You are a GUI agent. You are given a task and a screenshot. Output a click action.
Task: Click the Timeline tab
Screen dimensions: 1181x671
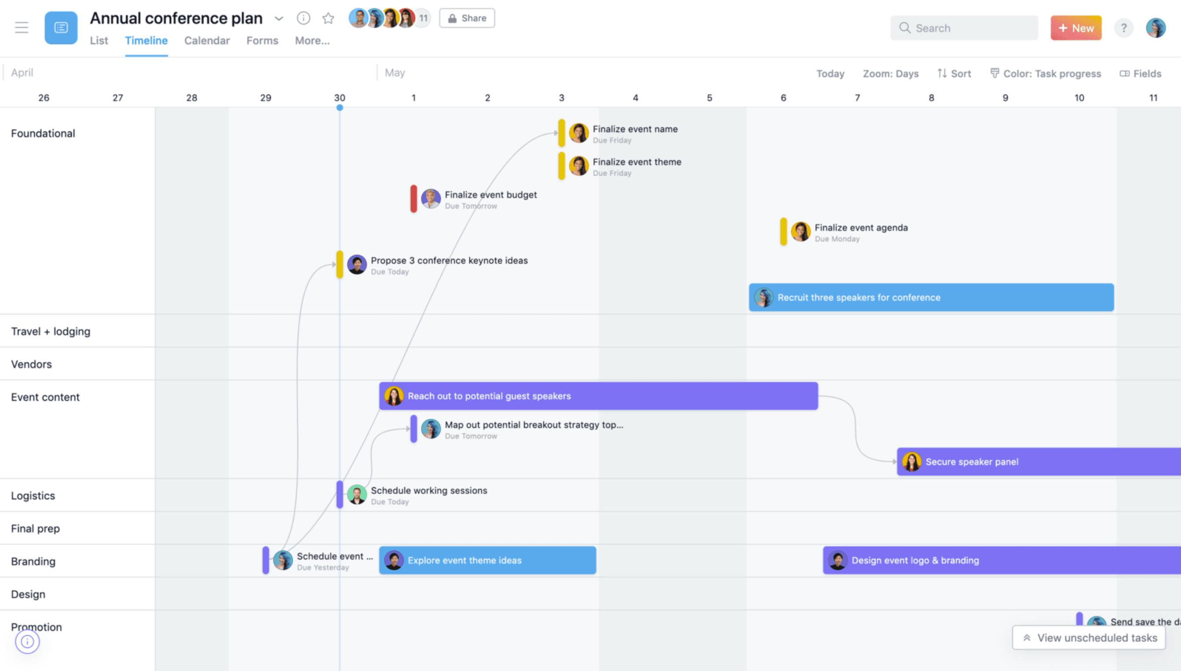coord(146,41)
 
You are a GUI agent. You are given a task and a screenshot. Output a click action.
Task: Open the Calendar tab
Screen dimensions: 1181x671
coord(207,41)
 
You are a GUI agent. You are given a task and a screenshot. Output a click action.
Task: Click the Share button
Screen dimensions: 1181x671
coord(467,18)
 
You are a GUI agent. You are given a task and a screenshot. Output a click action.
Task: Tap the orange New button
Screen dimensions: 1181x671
coord(1075,28)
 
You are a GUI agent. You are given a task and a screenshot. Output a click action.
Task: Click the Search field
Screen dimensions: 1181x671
coord(964,28)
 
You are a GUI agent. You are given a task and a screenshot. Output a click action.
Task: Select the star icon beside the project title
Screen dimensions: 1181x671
coord(328,18)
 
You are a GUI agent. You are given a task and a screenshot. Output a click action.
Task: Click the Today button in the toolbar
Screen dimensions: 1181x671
coord(830,74)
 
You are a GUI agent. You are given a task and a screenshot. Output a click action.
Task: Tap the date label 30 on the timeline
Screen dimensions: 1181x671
coord(340,98)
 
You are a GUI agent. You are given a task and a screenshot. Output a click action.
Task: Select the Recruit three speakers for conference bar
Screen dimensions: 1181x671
coord(931,297)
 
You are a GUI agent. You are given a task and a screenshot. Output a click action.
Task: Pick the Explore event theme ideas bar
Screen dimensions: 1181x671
coord(487,560)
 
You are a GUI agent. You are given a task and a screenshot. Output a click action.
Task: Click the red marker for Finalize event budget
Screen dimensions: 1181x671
coord(414,199)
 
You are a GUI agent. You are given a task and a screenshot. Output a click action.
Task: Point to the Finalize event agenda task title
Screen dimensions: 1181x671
coord(861,228)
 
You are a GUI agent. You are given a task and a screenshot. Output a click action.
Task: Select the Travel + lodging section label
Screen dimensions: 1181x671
coord(51,332)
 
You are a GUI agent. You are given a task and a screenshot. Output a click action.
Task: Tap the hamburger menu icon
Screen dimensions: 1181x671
coord(22,28)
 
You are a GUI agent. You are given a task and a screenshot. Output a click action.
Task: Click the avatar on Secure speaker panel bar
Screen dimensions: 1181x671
coord(912,462)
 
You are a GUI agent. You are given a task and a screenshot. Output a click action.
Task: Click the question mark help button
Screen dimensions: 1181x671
coord(1123,28)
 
